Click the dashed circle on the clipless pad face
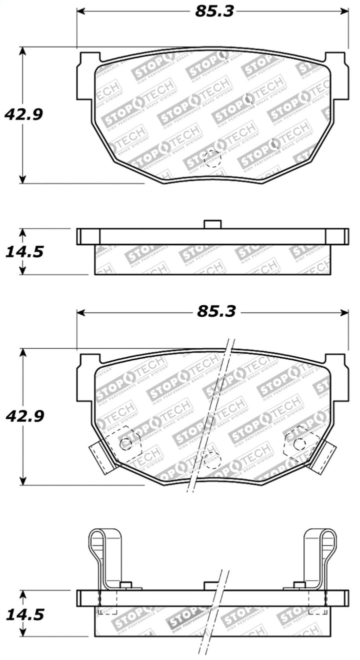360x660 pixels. point(212,159)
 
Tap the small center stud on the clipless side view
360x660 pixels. point(212,224)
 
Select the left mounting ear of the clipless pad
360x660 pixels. point(85,75)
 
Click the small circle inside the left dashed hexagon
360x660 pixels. point(126,443)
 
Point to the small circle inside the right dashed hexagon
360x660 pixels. point(299,443)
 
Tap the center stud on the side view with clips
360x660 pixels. point(212,586)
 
